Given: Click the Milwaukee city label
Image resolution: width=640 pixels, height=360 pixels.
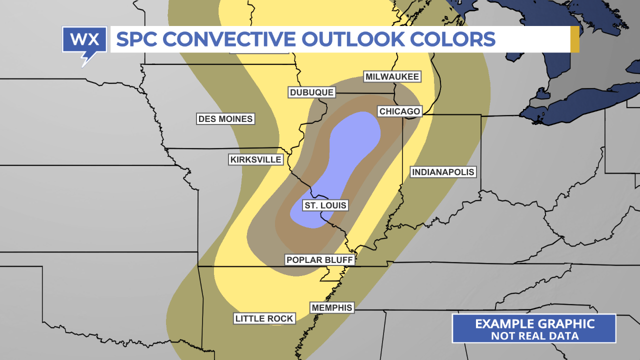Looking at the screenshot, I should point(392,76).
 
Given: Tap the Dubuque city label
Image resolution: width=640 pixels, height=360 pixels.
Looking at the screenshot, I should point(311,92).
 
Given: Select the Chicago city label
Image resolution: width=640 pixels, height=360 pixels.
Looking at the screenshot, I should point(400,111).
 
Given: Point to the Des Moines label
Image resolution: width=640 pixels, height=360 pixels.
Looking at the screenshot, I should point(225,119).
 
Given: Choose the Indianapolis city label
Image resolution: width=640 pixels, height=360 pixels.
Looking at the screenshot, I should point(442,172).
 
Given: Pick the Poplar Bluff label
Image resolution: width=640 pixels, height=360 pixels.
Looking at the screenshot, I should point(319,260).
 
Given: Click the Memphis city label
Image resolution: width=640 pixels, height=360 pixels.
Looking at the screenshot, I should point(331,307).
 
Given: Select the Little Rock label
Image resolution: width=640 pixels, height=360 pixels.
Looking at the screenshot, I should point(264,318).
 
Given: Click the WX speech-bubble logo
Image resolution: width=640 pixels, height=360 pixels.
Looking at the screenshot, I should point(84,42).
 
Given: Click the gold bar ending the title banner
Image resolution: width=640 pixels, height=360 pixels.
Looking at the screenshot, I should point(574,39).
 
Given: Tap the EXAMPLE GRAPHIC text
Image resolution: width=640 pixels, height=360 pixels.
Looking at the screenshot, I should point(534,323).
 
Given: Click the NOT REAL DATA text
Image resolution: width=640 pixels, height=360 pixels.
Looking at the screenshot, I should point(534,336).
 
